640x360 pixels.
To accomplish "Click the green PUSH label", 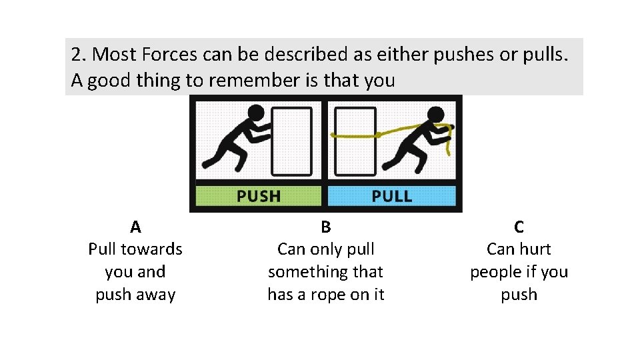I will (x=259, y=196).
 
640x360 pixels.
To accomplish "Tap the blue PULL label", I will (x=391, y=196).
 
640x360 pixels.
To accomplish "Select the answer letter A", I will (x=135, y=227).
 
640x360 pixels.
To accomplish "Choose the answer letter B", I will (x=325, y=227).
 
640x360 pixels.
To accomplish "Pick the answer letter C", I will (x=519, y=227).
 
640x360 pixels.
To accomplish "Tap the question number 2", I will (x=77, y=55).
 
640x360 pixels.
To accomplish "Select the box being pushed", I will (x=291, y=141).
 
